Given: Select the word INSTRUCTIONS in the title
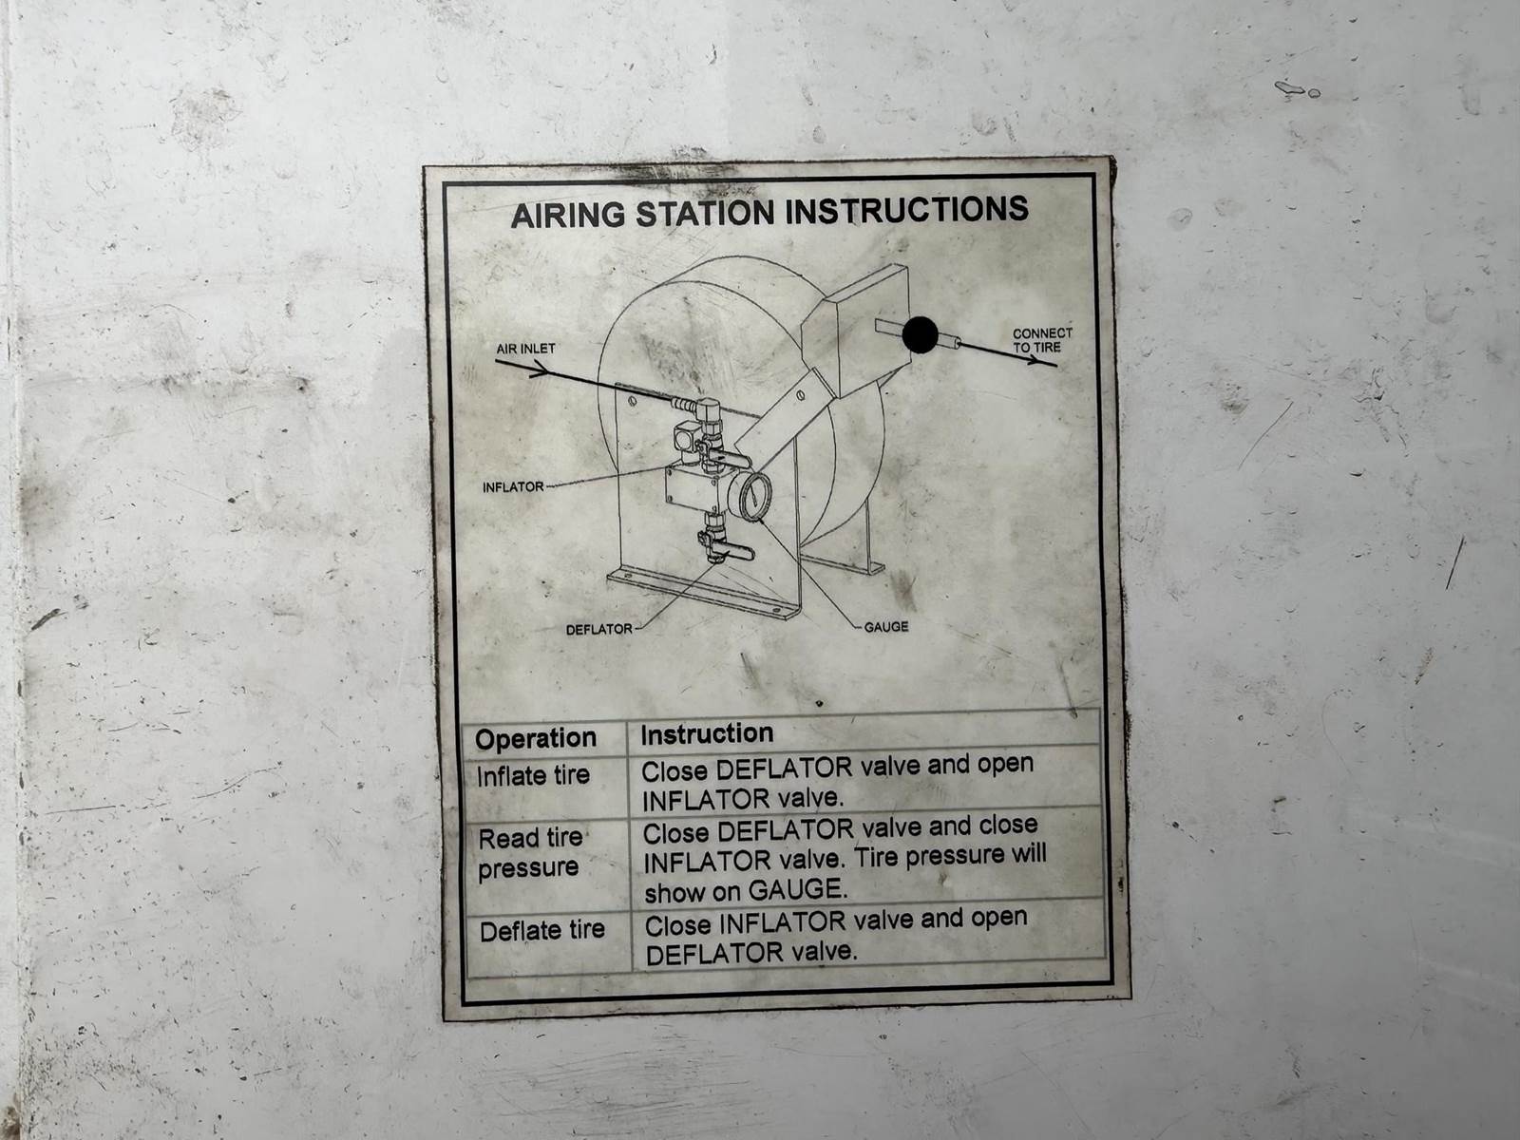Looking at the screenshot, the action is click(906, 209).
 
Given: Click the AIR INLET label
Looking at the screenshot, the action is click(525, 348).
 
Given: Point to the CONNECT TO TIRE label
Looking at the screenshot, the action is click(1042, 340).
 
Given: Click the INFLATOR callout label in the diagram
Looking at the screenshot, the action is click(513, 487).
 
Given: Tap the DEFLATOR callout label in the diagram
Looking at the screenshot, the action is click(599, 629).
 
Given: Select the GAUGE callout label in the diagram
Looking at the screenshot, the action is click(886, 626).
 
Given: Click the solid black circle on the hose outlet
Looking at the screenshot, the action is click(921, 335).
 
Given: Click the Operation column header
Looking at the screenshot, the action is click(535, 738).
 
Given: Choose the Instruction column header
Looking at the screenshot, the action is click(707, 733).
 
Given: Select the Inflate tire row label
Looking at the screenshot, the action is click(533, 775).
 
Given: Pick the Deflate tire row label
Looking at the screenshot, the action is click(542, 930).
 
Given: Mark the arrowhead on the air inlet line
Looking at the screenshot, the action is click(538, 370).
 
